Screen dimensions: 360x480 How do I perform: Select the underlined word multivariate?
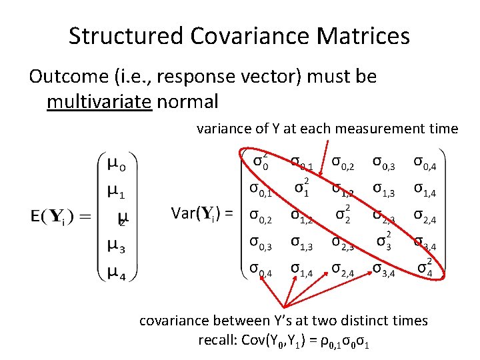[99, 101]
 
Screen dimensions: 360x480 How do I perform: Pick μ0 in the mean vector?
[116, 163]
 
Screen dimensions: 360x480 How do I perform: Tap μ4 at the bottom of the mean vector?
[116, 273]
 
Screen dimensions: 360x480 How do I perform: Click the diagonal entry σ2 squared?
[342, 215]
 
